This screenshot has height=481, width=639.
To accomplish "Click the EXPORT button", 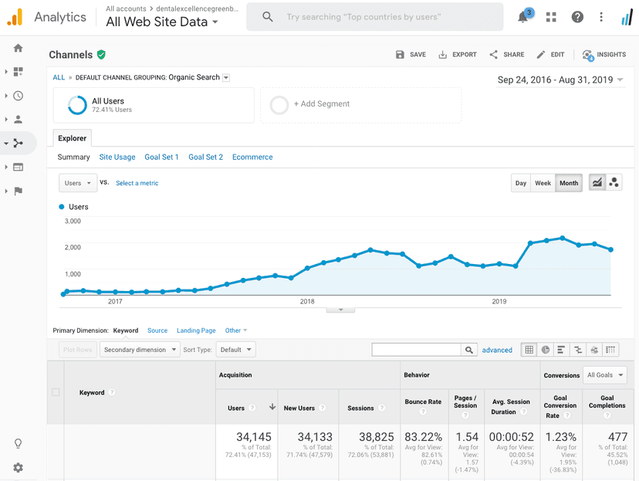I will [458, 55].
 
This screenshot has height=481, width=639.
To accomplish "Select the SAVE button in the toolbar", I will [411, 55].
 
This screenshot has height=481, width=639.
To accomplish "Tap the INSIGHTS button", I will [604, 55].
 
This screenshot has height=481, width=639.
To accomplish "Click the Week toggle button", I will [543, 183].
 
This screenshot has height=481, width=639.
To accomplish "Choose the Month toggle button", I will [569, 183].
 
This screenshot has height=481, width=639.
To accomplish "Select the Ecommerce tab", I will [252, 157].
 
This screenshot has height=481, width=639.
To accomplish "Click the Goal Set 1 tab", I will [161, 157].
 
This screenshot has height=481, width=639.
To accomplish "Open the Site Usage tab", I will [117, 157].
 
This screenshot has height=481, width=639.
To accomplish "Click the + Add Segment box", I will [360, 104].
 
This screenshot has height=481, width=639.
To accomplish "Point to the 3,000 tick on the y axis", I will [72, 221].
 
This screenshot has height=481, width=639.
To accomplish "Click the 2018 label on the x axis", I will [307, 302].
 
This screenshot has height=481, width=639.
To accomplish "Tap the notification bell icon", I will [523, 17].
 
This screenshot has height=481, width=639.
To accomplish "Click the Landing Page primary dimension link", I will [196, 330].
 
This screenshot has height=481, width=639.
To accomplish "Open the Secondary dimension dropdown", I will [140, 350].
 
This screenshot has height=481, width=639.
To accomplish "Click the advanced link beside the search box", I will [497, 350].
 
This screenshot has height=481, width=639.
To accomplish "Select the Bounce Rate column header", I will [423, 402].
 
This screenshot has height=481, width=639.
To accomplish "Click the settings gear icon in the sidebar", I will [18, 467].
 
